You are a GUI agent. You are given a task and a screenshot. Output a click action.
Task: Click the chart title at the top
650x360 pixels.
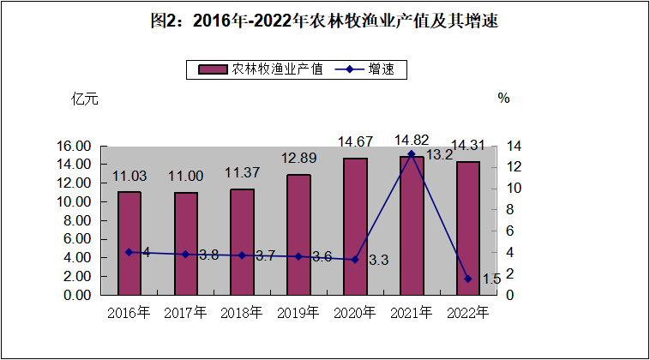coord(324,23)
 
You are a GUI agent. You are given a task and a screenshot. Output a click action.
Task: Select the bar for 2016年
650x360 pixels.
coord(129,243)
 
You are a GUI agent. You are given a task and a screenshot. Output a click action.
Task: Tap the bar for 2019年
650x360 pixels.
coord(298,234)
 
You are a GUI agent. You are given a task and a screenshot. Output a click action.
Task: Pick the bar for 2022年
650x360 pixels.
coord(467,228)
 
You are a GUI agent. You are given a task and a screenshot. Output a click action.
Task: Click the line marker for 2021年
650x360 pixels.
coord(412,154)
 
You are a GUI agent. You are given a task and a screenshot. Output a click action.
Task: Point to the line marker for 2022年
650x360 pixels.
coord(467,279)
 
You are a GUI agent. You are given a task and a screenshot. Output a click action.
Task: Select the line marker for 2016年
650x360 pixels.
coord(129,252)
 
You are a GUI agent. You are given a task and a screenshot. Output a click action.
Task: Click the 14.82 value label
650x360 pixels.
coord(411,140)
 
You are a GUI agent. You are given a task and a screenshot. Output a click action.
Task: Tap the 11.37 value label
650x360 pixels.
coord(242,172)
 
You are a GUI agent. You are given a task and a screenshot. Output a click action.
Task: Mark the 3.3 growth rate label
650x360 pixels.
coord(378,260)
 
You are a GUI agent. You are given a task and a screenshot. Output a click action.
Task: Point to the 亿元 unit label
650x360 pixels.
coord(84,99)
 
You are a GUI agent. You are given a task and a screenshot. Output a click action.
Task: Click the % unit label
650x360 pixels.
coord(503,99)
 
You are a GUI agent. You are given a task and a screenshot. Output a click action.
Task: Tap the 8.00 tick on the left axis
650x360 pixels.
coord(77,220)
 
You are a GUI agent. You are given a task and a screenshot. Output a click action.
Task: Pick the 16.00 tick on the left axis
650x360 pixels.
coord(77,146)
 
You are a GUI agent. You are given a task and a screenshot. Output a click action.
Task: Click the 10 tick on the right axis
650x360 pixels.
coord(511,189)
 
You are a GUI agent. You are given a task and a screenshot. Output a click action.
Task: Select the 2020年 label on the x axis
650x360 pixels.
coord(355,312)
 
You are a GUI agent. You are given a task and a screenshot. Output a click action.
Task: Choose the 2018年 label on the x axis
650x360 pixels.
coord(242,312)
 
